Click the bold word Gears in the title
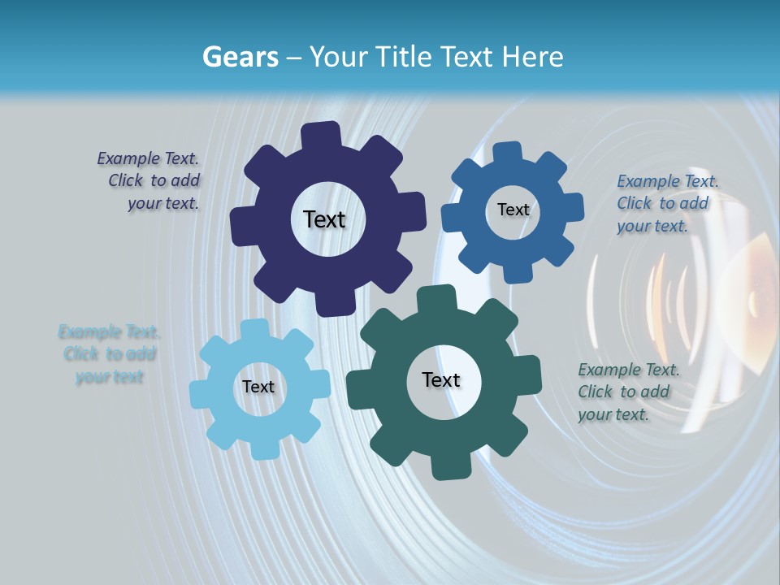pos(239,57)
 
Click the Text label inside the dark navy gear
pos(324,219)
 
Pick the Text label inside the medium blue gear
pos(513,210)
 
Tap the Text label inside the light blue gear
pos(258,388)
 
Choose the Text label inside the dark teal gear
pos(441,380)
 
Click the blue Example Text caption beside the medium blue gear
pos(666,204)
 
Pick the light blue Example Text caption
pos(109,354)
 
